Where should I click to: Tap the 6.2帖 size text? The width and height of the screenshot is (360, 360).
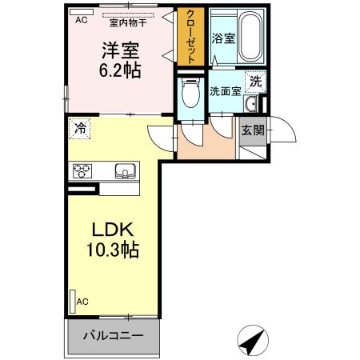pyautogui.click(x=121, y=70)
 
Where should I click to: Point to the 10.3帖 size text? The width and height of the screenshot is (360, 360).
pyautogui.click(x=114, y=250)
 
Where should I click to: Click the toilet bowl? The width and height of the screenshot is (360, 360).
pyautogui.click(x=190, y=96)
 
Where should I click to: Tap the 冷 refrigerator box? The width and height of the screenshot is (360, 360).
pyautogui.click(x=80, y=127)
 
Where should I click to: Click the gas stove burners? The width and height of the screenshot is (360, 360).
pyautogui.click(x=84, y=170)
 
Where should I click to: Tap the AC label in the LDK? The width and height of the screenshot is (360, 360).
pyautogui.click(x=82, y=302)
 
